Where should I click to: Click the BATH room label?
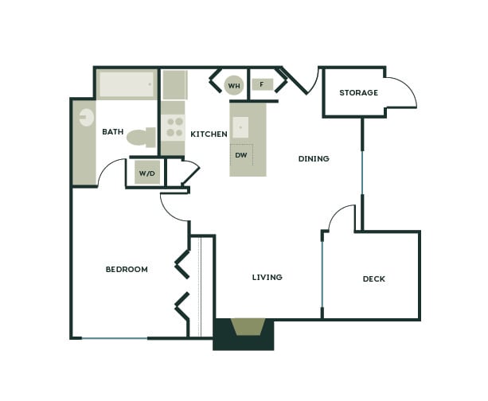[x=113, y=132]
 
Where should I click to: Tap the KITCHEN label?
[x=209, y=134]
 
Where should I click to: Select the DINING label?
[x=314, y=158]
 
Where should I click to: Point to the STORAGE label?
[x=358, y=93]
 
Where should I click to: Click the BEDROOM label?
[x=127, y=269]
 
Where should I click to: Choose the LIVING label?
[x=267, y=277]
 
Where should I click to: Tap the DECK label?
[x=373, y=278]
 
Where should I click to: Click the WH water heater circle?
[x=234, y=85]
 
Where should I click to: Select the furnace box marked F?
[x=262, y=84]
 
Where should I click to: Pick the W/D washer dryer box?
[x=146, y=173]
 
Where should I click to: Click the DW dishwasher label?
[x=240, y=154]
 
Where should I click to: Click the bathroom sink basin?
[x=85, y=118]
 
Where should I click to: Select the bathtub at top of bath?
[x=127, y=84]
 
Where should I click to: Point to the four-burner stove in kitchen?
[x=173, y=127]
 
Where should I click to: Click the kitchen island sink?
[x=240, y=127]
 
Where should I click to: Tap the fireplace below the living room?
[x=248, y=327]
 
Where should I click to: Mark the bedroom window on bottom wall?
[x=115, y=339]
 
